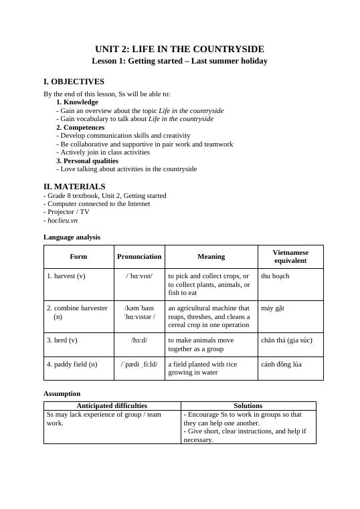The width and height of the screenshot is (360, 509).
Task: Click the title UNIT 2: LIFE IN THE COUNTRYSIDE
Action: (179, 49)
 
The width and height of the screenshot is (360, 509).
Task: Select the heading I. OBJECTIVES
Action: (74, 82)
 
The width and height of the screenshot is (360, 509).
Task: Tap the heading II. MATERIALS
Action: (74, 187)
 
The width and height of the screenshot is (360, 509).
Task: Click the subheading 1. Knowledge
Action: (77, 102)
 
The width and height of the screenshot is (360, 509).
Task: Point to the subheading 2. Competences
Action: (80, 127)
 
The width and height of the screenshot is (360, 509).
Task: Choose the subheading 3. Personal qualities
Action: (87, 161)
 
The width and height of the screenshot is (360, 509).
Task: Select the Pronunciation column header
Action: (139, 256)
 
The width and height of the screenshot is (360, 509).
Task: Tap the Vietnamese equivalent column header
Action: (290, 256)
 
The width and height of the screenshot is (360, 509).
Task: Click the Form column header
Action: (78, 256)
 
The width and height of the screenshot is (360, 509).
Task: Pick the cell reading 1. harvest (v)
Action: (66, 276)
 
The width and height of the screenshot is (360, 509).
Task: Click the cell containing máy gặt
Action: (273, 308)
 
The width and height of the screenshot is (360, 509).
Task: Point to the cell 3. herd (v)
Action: (62, 340)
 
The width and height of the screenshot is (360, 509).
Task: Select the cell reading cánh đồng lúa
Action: (281, 364)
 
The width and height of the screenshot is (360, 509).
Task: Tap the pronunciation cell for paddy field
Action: (139, 364)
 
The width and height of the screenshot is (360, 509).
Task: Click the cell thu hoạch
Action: (275, 276)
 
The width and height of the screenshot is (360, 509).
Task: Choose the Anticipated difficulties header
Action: (112, 405)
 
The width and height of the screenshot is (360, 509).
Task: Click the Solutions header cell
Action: (248, 405)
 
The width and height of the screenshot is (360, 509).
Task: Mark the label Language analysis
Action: (72, 237)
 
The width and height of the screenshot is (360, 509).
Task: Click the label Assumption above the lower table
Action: (62, 394)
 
